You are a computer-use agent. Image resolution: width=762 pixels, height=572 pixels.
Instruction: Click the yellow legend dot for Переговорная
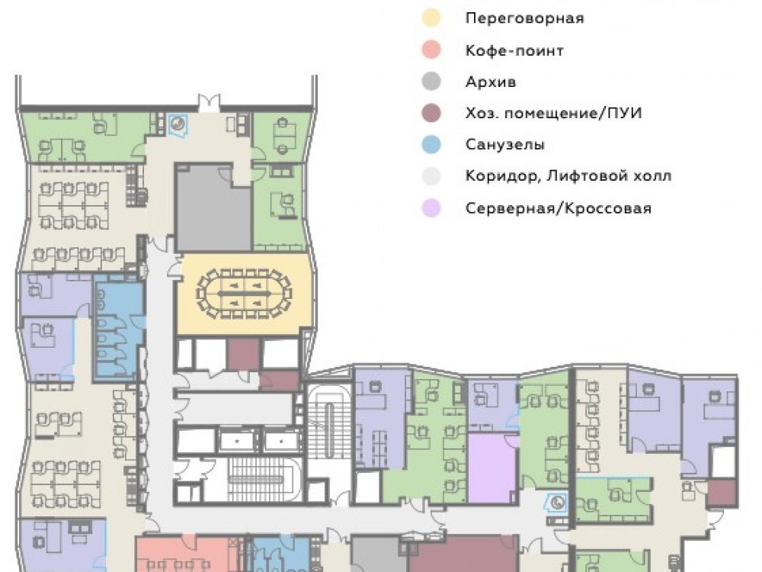[431, 18]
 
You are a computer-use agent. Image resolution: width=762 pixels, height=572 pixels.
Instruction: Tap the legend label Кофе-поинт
[514, 50]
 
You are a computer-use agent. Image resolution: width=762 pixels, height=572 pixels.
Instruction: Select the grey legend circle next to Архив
[431, 82]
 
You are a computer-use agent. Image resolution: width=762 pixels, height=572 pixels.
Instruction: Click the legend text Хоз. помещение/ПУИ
[553, 114]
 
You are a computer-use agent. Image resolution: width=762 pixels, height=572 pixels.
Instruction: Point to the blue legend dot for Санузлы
[431, 144]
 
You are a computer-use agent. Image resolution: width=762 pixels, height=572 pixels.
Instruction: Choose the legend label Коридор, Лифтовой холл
[568, 175]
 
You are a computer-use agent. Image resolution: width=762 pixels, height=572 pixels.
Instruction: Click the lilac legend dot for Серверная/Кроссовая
[431, 207]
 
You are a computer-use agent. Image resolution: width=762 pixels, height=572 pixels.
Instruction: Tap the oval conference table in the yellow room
[244, 294]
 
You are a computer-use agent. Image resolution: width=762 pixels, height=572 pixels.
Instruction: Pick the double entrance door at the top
[209, 103]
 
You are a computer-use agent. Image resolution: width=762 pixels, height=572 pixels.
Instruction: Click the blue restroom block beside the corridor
[119, 326]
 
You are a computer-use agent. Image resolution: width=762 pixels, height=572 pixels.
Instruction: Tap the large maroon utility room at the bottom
[463, 554]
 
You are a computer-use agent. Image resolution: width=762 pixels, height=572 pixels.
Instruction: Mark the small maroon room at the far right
[721, 493]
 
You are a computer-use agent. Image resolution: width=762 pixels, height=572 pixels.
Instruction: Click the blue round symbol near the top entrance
[177, 124]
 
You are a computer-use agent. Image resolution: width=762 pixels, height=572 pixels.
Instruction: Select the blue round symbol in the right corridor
[558, 503]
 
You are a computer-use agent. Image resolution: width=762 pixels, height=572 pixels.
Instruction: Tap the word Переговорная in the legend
[524, 18]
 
